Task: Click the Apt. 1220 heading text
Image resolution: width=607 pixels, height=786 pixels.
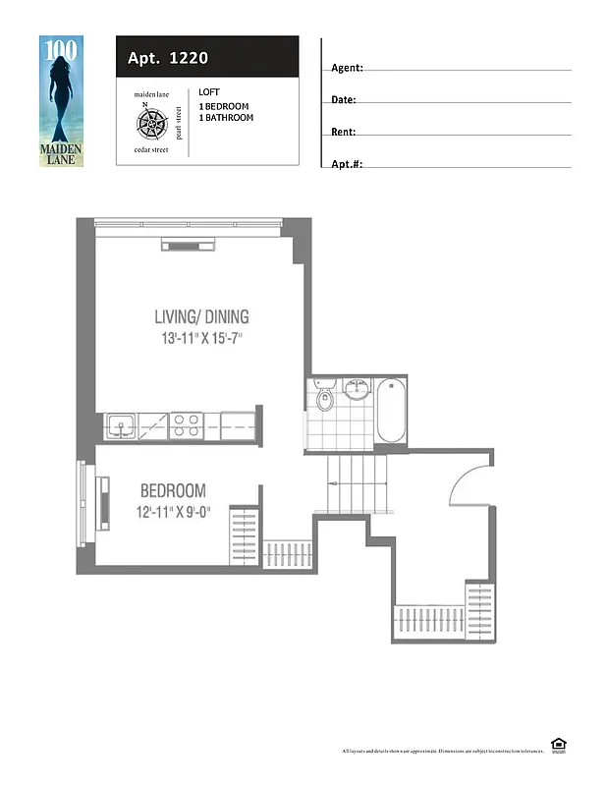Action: pyautogui.click(x=167, y=58)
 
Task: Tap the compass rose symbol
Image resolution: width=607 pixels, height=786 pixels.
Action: pyautogui.click(x=150, y=123)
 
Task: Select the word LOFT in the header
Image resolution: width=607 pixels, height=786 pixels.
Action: pyautogui.click(x=209, y=92)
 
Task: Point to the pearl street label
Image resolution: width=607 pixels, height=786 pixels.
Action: pyautogui.click(x=179, y=123)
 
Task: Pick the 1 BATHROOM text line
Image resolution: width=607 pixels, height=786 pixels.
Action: pyautogui.click(x=226, y=118)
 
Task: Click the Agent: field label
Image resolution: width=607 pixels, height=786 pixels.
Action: pyautogui.click(x=347, y=69)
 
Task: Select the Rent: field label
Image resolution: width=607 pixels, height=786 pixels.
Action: pyautogui.click(x=344, y=132)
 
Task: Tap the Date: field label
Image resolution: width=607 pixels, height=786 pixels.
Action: pyautogui.click(x=344, y=100)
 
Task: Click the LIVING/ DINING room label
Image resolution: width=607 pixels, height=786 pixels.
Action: pyautogui.click(x=201, y=316)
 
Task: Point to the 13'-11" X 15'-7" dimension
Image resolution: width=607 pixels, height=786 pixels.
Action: pyautogui.click(x=201, y=339)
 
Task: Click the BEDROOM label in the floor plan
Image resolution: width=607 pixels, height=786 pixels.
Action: pyautogui.click(x=173, y=490)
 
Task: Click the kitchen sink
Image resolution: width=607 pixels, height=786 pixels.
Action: pyautogui.click(x=123, y=425)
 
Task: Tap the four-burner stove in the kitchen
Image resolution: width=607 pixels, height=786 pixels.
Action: pyautogui.click(x=186, y=424)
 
